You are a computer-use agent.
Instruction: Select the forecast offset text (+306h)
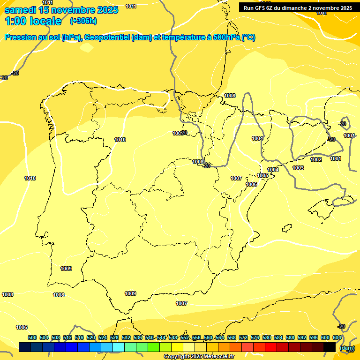[x=83, y=21]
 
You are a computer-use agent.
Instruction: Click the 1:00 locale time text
[x=33, y=21]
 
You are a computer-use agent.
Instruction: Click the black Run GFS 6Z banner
[x=298, y=7]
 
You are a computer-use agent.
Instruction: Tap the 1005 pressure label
[x=262, y=175]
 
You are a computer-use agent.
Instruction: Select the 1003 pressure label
[x=298, y=168]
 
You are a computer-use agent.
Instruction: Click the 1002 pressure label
[x=316, y=159]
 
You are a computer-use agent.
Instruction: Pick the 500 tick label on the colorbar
[x=32, y=338]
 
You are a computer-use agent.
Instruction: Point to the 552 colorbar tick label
[x=185, y=338]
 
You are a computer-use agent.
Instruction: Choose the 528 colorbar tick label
[x=114, y=338]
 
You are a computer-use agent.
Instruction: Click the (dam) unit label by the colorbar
[x=347, y=348]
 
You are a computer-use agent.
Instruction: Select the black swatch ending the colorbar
[x=330, y=347]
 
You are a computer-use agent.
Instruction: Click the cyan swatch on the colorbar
[x=119, y=347]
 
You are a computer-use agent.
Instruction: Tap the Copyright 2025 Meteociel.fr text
[x=199, y=356]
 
